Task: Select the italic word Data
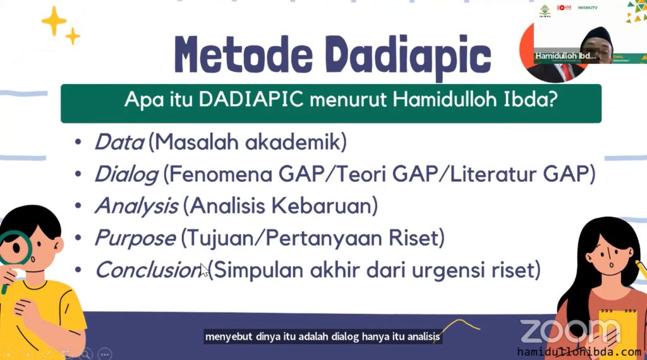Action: pos(119,142)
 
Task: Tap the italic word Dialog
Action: pos(126,174)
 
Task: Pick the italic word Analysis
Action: pos(136,206)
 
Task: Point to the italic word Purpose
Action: pos(135,238)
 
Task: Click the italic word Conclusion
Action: pos(148,270)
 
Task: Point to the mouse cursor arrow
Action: pos(204,270)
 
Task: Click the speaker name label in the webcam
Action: pos(565,56)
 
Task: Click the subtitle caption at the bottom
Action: pos(322,337)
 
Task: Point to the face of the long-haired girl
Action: pos(606,252)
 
